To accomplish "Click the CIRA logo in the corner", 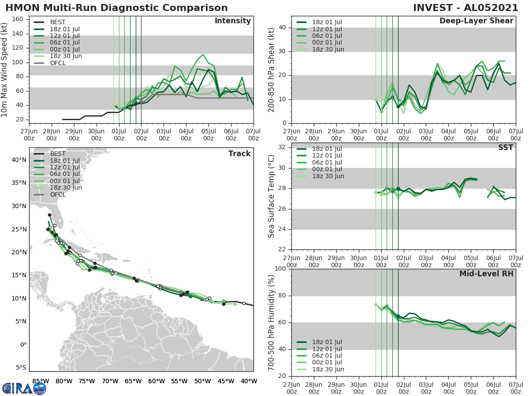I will (x=24, y=388).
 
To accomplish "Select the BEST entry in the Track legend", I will (x=58, y=154).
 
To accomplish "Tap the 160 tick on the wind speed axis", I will (x=19, y=19).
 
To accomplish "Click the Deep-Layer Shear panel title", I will (x=476, y=21).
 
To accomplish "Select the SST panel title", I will (x=505, y=147).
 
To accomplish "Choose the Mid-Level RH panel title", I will (x=486, y=274).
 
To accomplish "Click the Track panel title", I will (x=239, y=154).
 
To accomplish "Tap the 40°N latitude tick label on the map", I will (x=19, y=160).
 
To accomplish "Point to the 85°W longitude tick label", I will (x=41, y=381).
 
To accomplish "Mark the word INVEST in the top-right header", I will (x=431, y=8).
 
